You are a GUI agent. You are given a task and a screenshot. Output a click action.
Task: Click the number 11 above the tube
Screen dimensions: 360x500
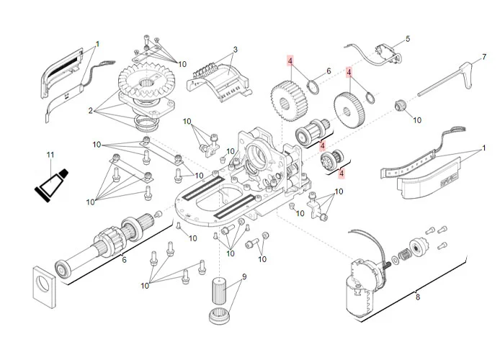(x=50, y=156)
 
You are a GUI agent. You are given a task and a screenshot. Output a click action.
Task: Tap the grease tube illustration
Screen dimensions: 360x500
(x=53, y=183)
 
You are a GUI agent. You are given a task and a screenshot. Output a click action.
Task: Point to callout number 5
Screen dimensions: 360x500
(x=407, y=39)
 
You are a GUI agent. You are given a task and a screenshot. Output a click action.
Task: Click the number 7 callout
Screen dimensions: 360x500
(x=484, y=56)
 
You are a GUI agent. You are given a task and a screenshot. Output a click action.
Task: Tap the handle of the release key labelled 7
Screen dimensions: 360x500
(x=469, y=71)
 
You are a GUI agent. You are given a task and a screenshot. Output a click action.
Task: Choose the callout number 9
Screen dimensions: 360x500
(x=244, y=276)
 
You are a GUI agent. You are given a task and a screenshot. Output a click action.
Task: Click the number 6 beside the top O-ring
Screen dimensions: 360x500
(x=329, y=71)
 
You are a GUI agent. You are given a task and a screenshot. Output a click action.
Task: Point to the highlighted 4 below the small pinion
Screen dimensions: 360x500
(x=341, y=173)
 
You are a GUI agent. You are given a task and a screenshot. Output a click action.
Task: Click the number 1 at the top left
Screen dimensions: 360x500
(x=97, y=44)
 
